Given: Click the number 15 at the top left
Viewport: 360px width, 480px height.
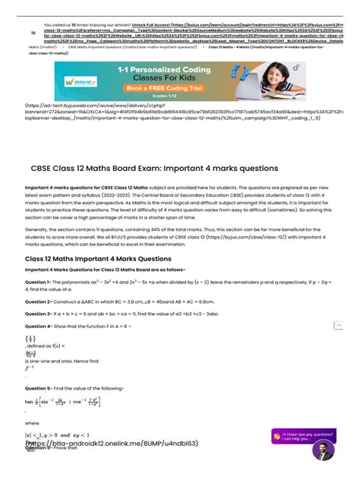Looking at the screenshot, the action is (33, 33).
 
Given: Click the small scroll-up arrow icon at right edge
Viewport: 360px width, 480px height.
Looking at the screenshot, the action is (338, 325).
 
